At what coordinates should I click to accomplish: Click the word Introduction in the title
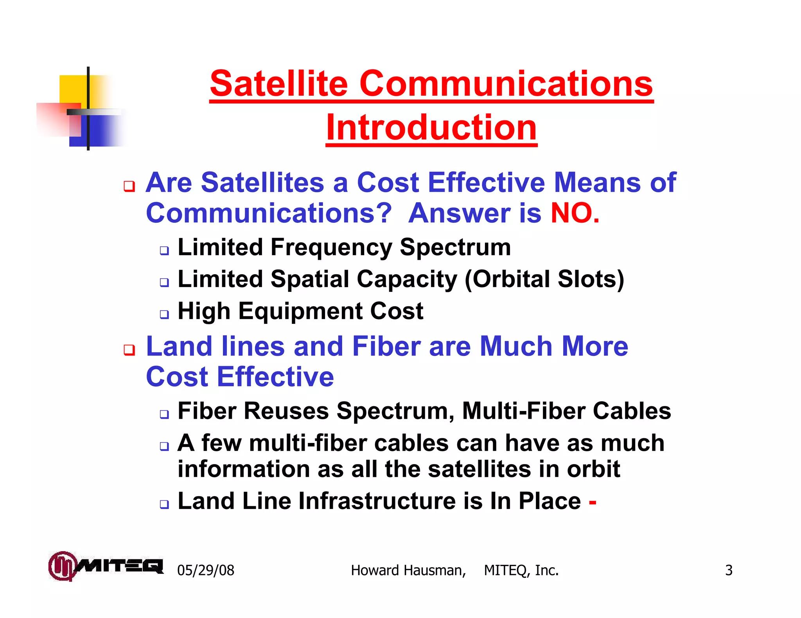tap(431, 127)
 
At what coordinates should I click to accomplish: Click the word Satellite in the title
tap(279, 84)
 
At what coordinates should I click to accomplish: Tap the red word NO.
tap(575, 213)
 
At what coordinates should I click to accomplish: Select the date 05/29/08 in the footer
tap(206, 570)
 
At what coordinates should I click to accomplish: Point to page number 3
tap(729, 570)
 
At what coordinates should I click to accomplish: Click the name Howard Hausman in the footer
tap(408, 570)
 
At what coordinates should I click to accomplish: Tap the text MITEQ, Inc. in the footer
tap(521, 570)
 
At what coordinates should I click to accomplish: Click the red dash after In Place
tap(593, 502)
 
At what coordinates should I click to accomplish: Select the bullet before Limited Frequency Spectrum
tap(164, 250)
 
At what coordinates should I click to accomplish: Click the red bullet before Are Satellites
tap(129, 186)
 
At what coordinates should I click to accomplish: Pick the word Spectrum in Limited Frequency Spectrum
tap(455, 248)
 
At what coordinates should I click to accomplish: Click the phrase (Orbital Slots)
tap(544, 279)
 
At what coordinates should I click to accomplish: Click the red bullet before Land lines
tap(129, 350)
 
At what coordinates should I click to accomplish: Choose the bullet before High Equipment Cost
tap(164, 314)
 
